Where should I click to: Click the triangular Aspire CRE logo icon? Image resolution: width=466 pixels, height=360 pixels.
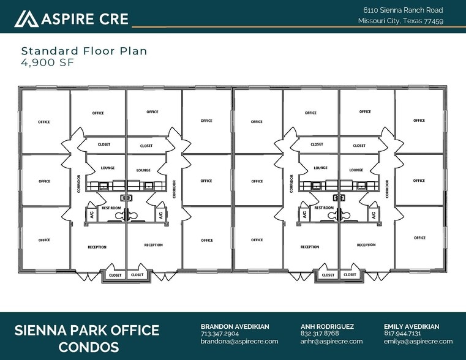coord(26,19)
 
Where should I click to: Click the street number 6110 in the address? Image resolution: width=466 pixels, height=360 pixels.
coord(370,10)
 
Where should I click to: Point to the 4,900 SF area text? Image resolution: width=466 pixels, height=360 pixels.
coord(47,62)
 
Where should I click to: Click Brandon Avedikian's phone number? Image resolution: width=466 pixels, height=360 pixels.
coord(220,334)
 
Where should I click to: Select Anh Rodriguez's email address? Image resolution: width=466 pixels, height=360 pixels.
coord(331,341)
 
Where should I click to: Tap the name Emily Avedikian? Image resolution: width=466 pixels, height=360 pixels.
coord(412,326)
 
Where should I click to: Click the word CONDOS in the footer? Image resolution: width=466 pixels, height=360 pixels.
coord(89,347)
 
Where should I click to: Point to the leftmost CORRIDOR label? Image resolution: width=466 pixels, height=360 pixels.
coord(79,184)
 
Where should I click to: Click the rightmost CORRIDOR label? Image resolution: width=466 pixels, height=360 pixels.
coord(387,189)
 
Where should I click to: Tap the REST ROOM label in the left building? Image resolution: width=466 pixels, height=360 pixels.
coord(111,208)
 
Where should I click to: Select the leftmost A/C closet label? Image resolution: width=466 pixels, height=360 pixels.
coord(91,214)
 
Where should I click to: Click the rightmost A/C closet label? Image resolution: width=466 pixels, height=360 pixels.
coord(374,214)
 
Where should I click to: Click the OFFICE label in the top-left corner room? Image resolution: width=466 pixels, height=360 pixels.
coord(44,122)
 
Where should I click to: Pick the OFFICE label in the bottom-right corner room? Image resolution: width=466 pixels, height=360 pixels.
coord(419,238)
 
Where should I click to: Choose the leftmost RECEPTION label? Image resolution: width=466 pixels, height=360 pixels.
coord(97,247)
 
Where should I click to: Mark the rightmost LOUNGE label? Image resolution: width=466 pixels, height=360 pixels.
coord(356,170)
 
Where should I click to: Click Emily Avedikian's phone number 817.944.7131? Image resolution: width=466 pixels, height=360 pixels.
coord(402,334)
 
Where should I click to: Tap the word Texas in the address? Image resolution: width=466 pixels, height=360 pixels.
coord(412,21)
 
